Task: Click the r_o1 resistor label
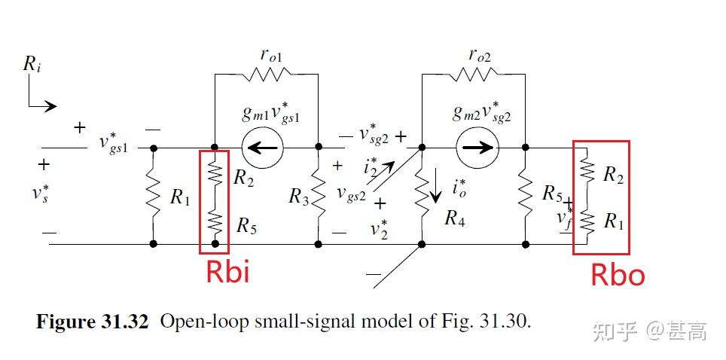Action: click(272, 55)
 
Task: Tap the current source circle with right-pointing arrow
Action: click(475, 148)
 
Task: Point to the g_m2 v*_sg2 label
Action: click(481, 112)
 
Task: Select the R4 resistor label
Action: click(455, 218)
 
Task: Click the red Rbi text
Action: click(227, 271)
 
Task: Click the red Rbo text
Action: click(618, 275)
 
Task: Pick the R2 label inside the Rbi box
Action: click(243, 178)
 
